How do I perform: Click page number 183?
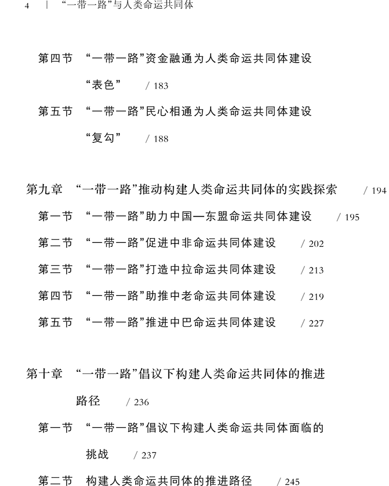pos(160,86)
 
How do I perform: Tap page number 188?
pos(160,139)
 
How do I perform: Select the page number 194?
pos(379,191)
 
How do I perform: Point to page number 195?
pos(352,217)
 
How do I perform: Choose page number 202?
pos(316,244)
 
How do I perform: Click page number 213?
pos(316,270)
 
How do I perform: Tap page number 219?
pos(316,296)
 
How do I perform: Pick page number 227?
pos(316,323)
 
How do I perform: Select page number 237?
pos(149,455)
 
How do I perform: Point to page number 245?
pos(292,482)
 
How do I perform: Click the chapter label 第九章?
pos(44,190)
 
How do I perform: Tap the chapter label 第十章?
pos(44,374)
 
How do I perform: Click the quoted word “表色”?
pos(103,85)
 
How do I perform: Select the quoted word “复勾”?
pos(103,138)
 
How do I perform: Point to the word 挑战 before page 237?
pos(97,454)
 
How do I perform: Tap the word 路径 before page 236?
pos(88,401)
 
